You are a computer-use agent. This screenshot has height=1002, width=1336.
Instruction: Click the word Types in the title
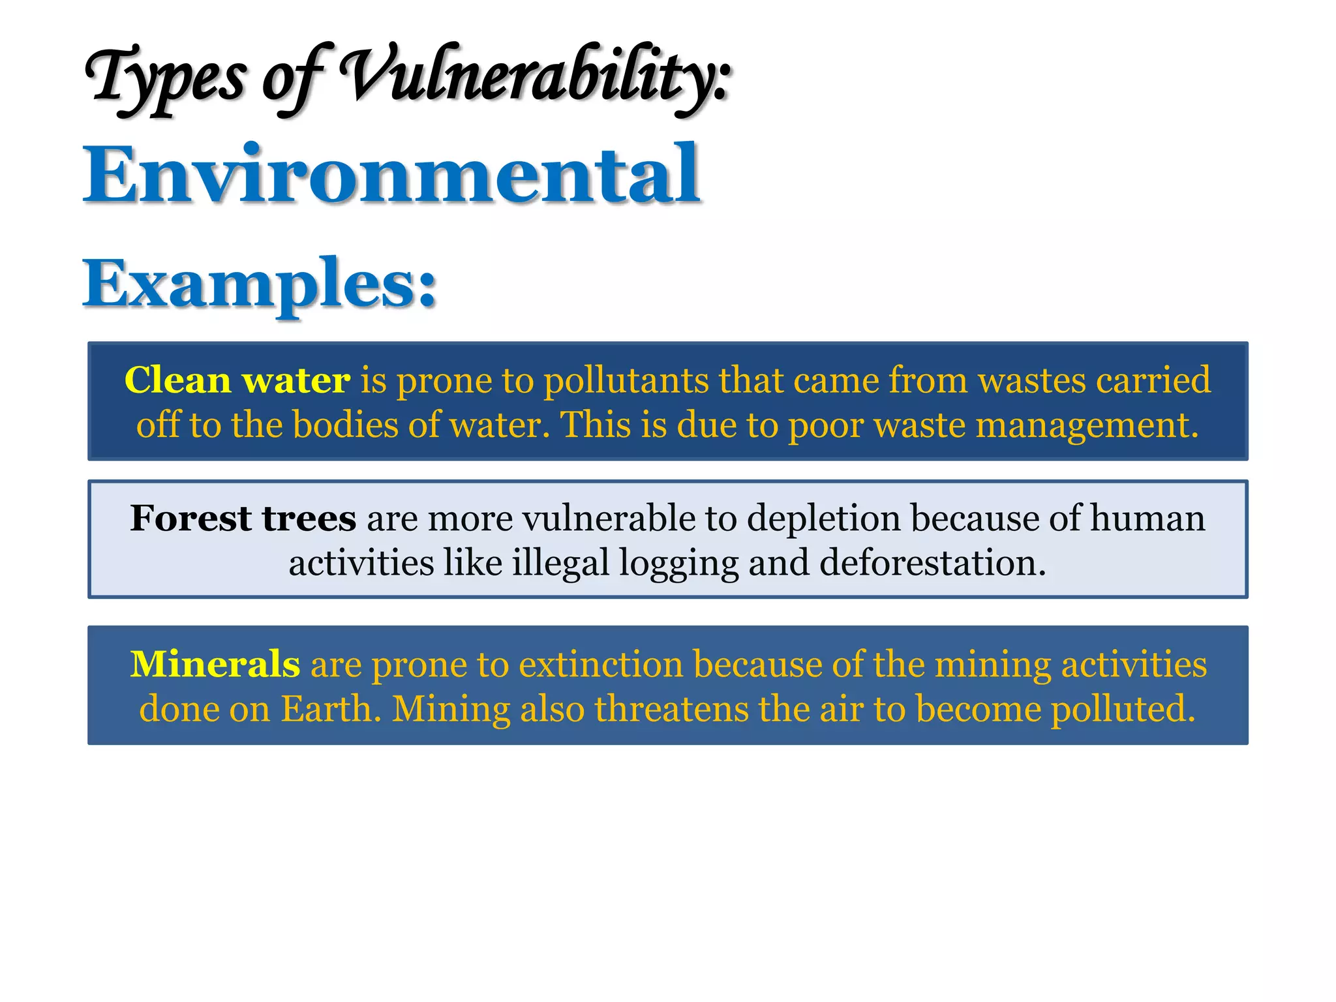click(x=166, y=78)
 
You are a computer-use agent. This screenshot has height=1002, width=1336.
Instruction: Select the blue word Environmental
click(x=391, y=174)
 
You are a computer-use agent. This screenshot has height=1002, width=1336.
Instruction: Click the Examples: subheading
click(x=260, y=284)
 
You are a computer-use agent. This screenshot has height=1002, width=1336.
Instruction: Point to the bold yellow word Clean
click(x=177, y=380)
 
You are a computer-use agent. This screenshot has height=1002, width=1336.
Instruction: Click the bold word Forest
click(x=190, y=518)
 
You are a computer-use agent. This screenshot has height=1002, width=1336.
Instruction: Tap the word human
click(x=1147, y=518)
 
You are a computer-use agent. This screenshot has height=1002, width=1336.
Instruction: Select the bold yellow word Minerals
click(x=215, y=664)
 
